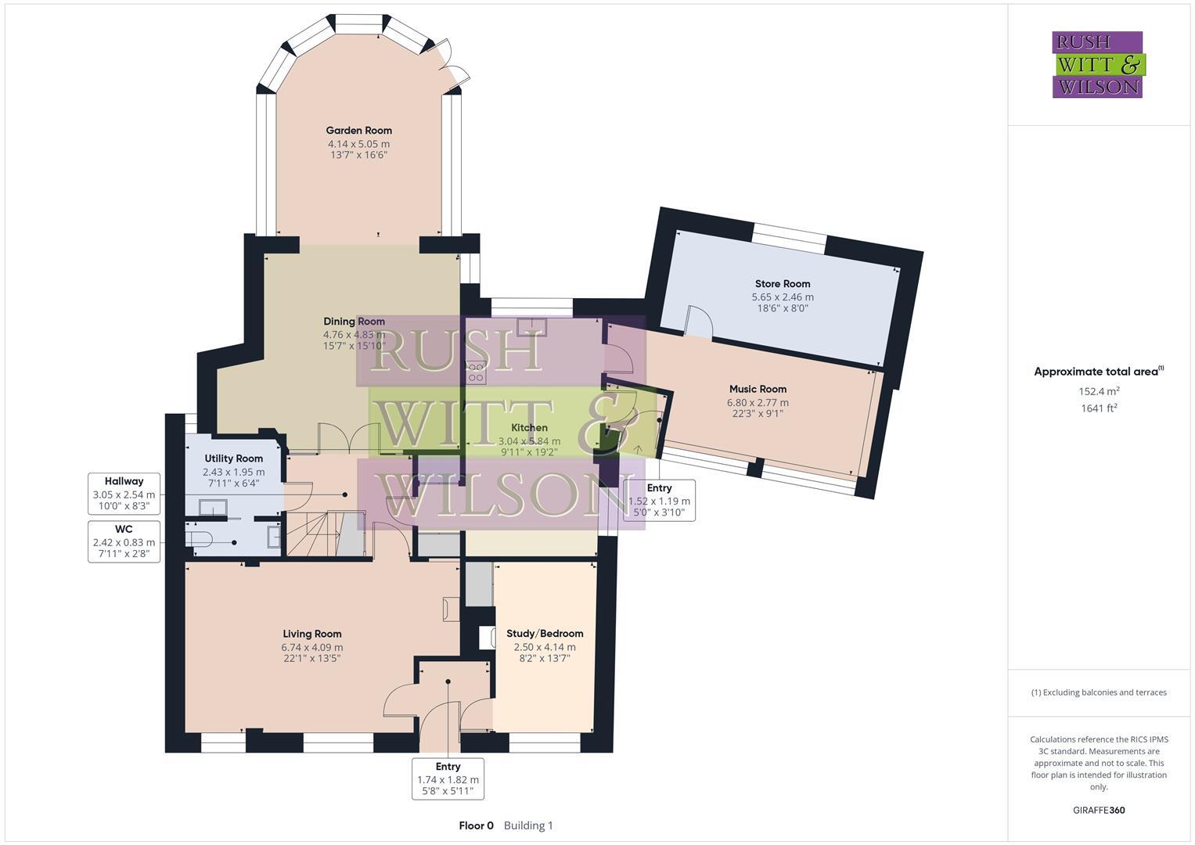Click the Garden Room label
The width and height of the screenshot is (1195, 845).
coord(358,131)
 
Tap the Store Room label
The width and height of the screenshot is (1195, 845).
coord(782,284)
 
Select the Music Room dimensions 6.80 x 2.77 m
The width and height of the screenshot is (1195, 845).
coord(757,403)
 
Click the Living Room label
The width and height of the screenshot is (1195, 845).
coord(311,634)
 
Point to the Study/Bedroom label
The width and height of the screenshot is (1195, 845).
coord(545,634)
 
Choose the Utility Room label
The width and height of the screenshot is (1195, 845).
coord(233,458)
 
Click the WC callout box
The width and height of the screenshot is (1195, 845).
coord(124,541)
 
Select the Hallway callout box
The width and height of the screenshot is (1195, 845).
coord(124,494)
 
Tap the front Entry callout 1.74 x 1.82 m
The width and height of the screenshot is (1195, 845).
coord(448,778)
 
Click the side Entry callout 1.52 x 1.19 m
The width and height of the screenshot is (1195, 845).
coord(659,500)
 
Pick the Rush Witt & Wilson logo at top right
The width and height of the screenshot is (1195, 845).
coord(1097,65)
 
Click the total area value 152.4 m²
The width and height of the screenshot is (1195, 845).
coord(1098,391)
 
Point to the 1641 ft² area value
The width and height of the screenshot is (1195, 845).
coord(1098,408)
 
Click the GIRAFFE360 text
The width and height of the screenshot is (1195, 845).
coord(1098,810)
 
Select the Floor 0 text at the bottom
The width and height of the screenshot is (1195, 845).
coord(476,825)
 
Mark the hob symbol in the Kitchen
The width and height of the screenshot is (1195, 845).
coord(475,372)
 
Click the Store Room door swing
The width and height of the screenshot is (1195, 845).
coord(696,321)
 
